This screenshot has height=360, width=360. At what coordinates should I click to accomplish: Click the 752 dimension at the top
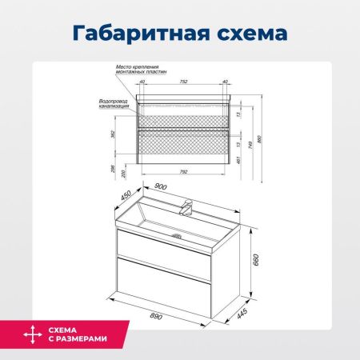(183, 82)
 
